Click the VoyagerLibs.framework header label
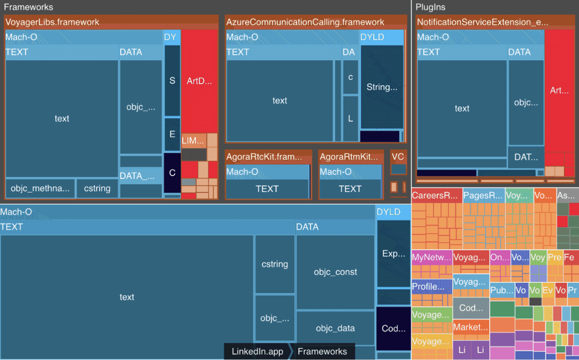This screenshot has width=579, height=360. coord(52,22)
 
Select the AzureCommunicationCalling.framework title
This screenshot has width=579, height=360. coord(305,22)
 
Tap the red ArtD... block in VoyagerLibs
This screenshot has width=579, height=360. coord(199,81)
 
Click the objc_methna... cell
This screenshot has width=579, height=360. coord(40,189)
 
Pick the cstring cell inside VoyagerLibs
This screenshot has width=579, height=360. coord(97,189)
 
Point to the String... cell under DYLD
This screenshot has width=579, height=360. coord(382,87)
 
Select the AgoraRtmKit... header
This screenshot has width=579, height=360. coord(349,156)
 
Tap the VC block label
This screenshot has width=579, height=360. coord(398,157)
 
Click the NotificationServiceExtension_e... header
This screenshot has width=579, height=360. coord(482,22)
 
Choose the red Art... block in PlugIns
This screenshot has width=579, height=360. coord(559,91)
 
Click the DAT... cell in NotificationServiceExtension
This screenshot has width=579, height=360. coord(526,157)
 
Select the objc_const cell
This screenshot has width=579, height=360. coord(335,272)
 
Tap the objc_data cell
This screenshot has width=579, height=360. coord(335,328)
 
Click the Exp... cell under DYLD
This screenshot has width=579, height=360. coord(393,254)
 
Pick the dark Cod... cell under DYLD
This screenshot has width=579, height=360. coord(393,328)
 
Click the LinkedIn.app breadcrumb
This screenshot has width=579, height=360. coord(257,351)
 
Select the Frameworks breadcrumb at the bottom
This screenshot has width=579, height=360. coord(322,351)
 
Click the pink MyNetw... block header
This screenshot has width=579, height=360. coord(431,258)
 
